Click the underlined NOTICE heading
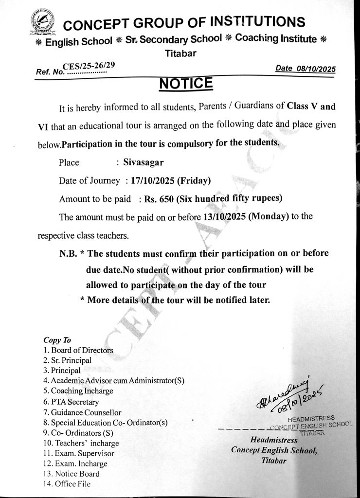pos(186,84)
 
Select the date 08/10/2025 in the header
pos(316,69)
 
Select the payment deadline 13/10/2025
pos(220,217)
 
